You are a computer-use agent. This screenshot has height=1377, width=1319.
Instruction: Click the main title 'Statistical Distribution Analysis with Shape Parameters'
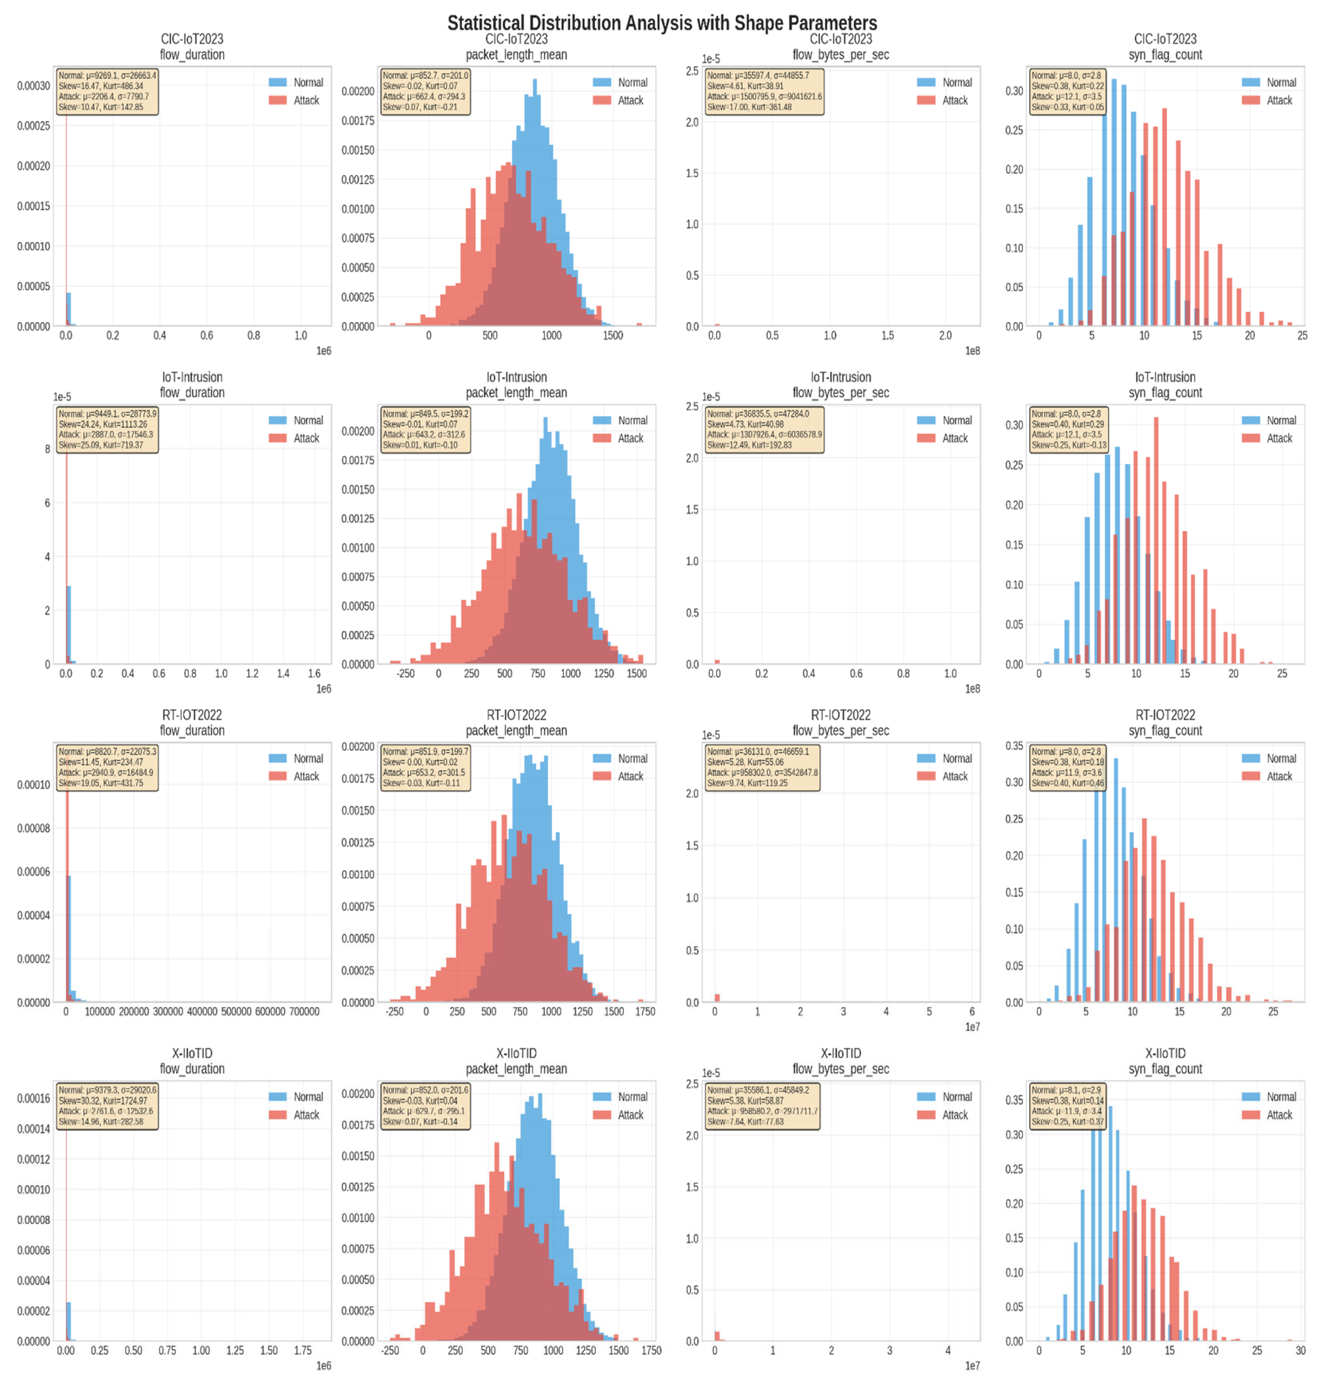[x=662, y=23]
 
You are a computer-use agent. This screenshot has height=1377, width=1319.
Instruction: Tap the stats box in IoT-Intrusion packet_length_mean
[x=425, y=429]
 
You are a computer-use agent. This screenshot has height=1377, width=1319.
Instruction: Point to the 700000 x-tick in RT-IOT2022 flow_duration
[x=304, y=1011]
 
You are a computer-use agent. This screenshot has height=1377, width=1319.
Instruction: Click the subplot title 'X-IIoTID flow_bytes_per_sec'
[x=840, y=1061]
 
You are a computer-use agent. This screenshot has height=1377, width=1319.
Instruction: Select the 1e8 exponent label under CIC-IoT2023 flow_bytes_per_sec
[x=971, y=350]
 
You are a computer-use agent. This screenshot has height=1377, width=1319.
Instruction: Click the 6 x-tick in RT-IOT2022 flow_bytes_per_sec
[x=971, y=1011]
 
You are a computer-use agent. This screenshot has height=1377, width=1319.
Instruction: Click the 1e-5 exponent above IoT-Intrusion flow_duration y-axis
[x=62, y=397]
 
